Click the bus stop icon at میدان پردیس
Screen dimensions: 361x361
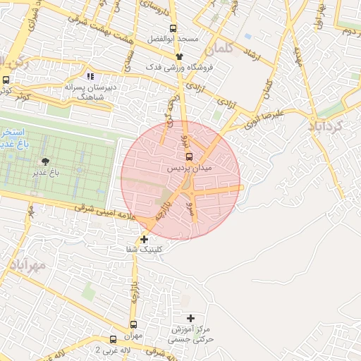click(x=188, y=157)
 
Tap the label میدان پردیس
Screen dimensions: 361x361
click(x=188, y=169)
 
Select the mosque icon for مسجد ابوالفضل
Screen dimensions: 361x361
click(x=173, y=28)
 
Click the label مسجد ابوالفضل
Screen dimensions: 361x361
click(x=173, y=38)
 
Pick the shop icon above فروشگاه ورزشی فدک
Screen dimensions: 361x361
click(x=179, y=56)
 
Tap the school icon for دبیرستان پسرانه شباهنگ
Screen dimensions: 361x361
click(x=90, y=76)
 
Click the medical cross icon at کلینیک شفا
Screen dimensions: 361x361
click(x=144, y=239)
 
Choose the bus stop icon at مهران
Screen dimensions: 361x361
click(x=133, y=324)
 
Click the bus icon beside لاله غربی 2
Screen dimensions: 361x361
click(x=114, y=339)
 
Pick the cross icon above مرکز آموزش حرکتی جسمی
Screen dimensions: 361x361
click(x=190, y=319)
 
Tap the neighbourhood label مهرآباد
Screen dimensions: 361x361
click(x=28, y=265)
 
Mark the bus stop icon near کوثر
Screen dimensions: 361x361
click(x=6, y=80)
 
